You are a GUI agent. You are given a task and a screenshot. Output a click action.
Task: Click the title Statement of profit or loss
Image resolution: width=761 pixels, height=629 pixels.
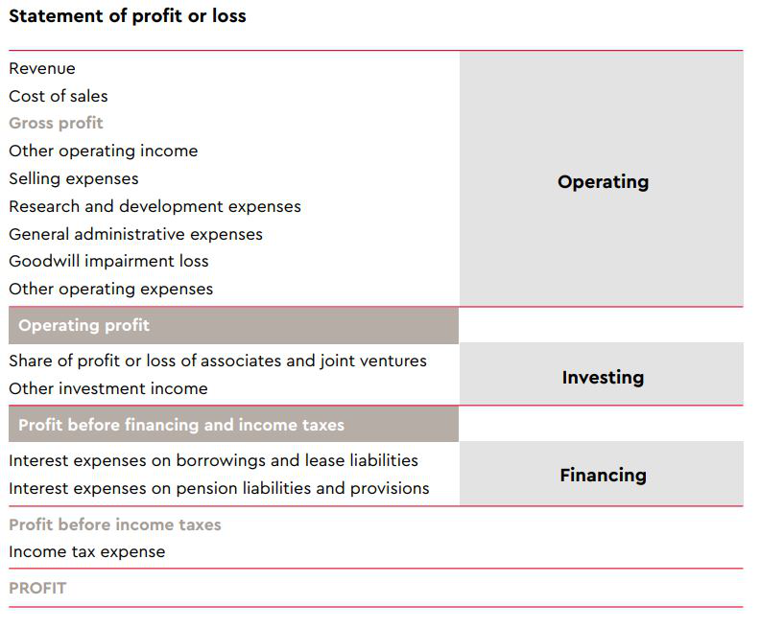[x=128, y=16]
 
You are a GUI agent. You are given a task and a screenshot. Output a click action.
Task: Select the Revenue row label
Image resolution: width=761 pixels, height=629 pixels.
[x=42, y=68]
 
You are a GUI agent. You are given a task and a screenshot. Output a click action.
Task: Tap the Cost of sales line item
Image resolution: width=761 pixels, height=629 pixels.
[x=59, y=96]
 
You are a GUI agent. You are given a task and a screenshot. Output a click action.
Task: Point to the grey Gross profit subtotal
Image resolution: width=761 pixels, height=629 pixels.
[x=56, y=123]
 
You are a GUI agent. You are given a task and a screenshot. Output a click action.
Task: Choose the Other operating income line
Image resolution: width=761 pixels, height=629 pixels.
[x=104, y=151]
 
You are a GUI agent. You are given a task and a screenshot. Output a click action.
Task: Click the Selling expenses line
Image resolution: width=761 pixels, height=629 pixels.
[x=74, y=178]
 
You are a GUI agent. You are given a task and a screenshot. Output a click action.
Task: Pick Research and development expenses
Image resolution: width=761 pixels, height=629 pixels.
[x=155, y=206]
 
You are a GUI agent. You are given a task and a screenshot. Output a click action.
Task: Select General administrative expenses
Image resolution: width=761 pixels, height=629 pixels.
[x=136, y=234]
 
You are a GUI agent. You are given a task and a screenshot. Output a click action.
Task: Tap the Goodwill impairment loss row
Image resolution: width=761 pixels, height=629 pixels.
[x=108, y=262]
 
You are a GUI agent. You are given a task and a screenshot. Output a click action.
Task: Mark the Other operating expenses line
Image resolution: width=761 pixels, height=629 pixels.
[x=111, y=289]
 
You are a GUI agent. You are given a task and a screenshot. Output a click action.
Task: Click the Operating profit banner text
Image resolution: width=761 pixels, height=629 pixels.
[x=83, y=325]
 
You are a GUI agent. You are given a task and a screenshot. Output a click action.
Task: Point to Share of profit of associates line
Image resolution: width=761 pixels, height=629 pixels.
[x=218, y=361]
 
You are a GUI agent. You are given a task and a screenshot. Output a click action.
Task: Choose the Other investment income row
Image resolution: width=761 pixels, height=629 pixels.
[x=108, y=388]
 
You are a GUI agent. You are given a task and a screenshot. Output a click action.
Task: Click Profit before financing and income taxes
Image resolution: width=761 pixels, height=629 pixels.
[x=181, y=425]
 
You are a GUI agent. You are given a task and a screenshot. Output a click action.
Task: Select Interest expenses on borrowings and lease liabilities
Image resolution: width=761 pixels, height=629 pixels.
[x=214, y=460]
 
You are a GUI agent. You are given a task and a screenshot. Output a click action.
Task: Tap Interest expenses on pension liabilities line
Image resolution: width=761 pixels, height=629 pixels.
[x=220, y=488]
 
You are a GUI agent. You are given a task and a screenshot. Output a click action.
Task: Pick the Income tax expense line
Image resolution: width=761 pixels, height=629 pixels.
[x=87, y=552]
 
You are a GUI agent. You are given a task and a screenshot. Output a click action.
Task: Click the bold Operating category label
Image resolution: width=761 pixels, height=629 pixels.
[x=604, y=182]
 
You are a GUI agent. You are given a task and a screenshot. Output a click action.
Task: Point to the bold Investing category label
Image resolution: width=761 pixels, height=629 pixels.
[x=604, y=377]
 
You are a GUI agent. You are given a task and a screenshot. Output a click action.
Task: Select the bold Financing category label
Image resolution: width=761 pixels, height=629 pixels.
[x=604, y=476]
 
